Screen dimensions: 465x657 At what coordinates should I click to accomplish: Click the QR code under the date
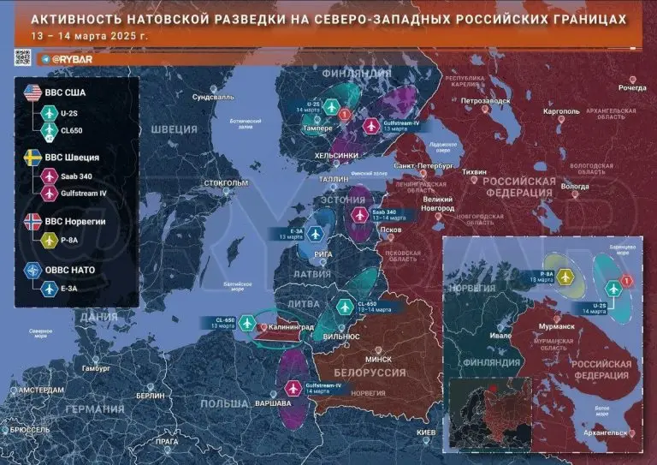click(23, 58)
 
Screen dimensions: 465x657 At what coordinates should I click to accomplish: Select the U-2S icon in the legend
click(48, 113)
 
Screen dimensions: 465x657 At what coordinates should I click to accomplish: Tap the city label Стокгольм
click(227, 183)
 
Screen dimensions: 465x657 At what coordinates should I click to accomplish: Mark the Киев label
click(426, 432)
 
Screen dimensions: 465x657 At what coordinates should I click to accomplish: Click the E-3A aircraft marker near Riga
click(317, 234)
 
